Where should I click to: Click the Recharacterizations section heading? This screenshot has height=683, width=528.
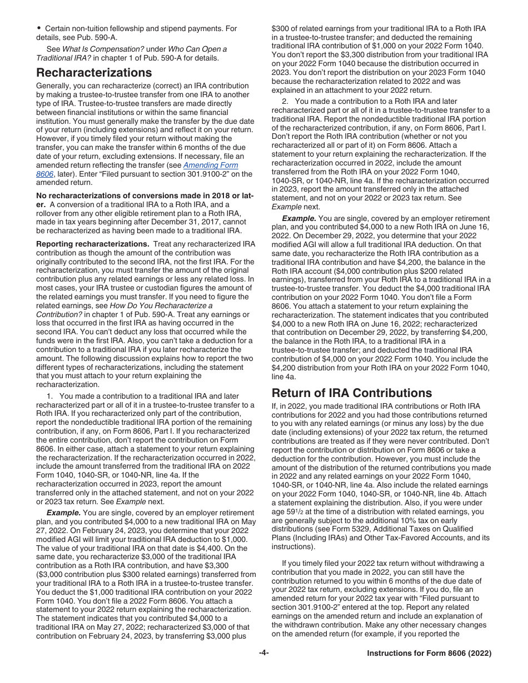point(93,73)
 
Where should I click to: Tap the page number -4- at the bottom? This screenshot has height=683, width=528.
point(264,653)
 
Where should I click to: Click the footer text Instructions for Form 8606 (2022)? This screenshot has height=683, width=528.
point(429,654)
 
